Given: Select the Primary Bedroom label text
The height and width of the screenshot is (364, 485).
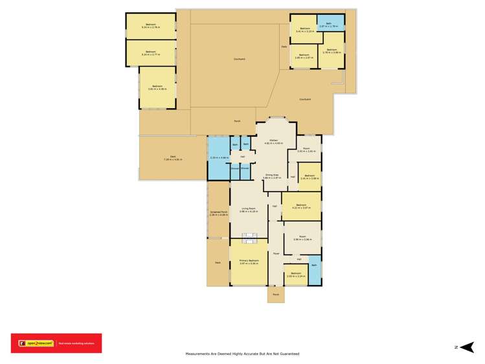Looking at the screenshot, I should pos(249,260).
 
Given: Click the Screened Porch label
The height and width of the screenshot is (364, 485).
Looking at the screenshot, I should pos(218,212).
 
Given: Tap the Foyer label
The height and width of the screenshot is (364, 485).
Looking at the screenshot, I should pos(275,253).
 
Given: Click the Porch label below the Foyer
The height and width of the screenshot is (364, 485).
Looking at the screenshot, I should pos(275,295).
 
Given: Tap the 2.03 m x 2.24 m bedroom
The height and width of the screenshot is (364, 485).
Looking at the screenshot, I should pos(295,275).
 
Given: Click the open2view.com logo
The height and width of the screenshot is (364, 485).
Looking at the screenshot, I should pos(36,343).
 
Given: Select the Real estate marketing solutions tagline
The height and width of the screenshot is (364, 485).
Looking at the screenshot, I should pos(76,343).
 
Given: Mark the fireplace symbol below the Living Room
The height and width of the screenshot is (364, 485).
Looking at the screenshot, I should pos(249,236).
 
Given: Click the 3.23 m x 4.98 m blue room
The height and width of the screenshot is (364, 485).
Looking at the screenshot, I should pos(218,157).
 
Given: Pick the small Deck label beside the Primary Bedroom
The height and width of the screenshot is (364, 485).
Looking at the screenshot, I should pos(218,262).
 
